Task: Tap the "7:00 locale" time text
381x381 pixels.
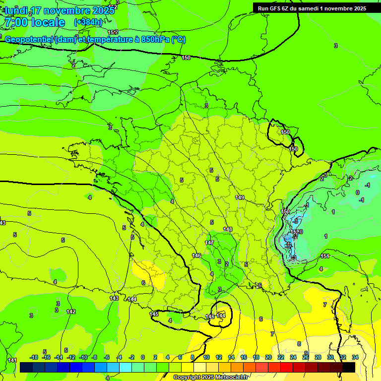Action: [34, 22]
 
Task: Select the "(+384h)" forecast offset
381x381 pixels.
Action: [88, 22]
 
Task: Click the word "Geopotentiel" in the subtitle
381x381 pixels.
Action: [29, 40]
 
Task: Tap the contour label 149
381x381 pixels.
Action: [240, 198]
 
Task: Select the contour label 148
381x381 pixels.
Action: [228, 229]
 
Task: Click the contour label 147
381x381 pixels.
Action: [209, 243]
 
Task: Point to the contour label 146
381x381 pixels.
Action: [197, 255]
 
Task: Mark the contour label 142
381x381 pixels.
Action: [71, 312]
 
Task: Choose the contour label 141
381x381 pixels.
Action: [12, 360]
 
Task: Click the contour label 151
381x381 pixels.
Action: [325, 256]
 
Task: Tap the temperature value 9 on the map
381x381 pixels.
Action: [306, 353]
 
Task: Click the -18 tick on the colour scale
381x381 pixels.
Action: [34, 357]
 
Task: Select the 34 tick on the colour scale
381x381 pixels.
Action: [355, 357]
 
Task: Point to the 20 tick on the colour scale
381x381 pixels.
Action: [268, 357]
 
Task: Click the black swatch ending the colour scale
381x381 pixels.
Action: [349, 367]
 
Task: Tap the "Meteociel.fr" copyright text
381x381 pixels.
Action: [231, 378]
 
